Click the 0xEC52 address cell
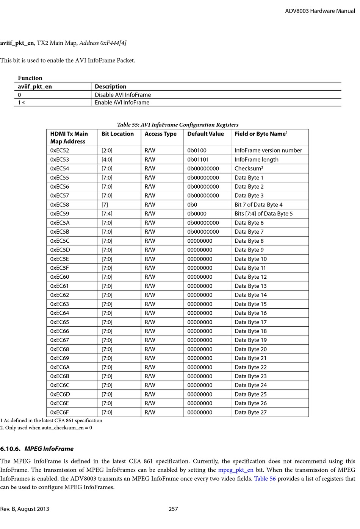[60, 150]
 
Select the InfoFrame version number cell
[268, 150]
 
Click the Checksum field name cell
[249, 169]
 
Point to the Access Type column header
[160, 134]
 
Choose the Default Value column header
[205, 134]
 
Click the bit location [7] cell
[105, 204]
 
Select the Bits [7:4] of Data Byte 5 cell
[263, 214]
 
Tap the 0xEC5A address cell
[60, 223]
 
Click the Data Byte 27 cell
[250, 412]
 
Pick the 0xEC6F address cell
[59, 412]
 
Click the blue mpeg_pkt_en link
[236, 470]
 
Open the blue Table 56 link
[265, 479]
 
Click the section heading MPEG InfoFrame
[49, 449]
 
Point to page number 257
[173, 509]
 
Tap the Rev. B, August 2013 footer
[25, 509]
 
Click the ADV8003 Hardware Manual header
[320, 11]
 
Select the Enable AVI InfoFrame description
[122, 103]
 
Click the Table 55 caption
[178, 125]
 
